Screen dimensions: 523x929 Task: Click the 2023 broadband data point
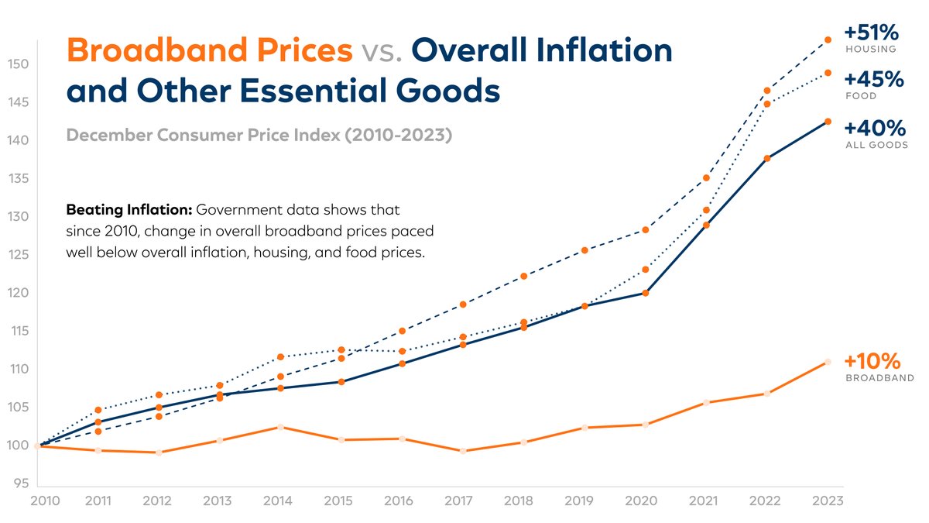(828, 362)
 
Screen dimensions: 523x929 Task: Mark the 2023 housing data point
(828, 40)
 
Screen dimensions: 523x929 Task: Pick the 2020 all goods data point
(645, 293)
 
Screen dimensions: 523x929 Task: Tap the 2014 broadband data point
(280, 427)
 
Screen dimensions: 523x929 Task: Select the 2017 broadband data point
(463, 451)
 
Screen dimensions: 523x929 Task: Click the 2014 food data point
(280, 357)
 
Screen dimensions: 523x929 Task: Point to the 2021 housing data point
(706, 178)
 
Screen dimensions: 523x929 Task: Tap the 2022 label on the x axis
(766, 501)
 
